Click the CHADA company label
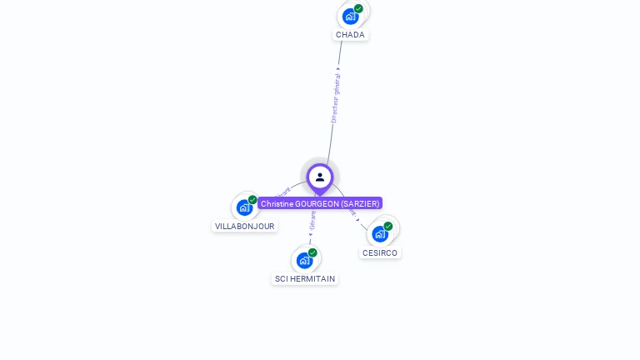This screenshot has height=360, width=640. pos(350,35)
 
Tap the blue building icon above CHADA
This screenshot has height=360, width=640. pos(350,16)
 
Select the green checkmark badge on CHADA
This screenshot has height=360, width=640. pos(358,9)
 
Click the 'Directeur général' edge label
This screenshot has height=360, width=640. pos(335,98)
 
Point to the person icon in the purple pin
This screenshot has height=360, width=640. pos(320,177)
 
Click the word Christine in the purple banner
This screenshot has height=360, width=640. pos(277,203)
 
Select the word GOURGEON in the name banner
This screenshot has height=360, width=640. pos(317,203)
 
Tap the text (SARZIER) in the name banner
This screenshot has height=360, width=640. pos(360,203)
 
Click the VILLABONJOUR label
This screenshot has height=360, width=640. pos(244,226)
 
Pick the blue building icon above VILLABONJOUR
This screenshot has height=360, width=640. pos(244,207)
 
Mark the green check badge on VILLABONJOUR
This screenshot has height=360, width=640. pos(252,200)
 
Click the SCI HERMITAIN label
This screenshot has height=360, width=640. pos(305,279)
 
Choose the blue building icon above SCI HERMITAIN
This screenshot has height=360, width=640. pos(304,260)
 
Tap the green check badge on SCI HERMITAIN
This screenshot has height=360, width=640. pos(312,252)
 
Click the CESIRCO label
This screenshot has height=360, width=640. pos(380,252)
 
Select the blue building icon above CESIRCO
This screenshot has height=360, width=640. pos(380,233)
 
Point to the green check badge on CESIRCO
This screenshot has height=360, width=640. pos(388,226)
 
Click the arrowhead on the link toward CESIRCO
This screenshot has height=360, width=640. pos(358,219)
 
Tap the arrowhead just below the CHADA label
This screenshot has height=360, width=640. pos(339,68)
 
